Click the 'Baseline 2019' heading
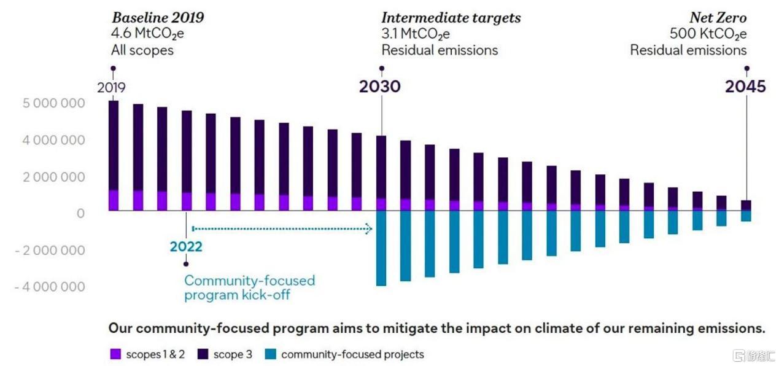click(158, 18)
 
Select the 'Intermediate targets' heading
click(451, 18)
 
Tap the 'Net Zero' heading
click(718, 18)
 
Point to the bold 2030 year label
click(380, 87)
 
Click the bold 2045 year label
click(745, 87)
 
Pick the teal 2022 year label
click(186, 247)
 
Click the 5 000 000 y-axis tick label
click(53, 103)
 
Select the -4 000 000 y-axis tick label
click(50, 287)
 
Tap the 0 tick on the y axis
click(80, 213)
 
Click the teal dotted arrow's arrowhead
click(369, 228)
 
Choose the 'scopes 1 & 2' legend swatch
click(115, 354)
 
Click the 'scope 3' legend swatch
click(203, 354)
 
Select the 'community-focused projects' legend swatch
click(270, 354)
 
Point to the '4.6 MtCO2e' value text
click(147, 34)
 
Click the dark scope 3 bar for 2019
click(114, 146)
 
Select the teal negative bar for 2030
click(381, 248)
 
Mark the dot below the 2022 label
click(186, 264)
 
